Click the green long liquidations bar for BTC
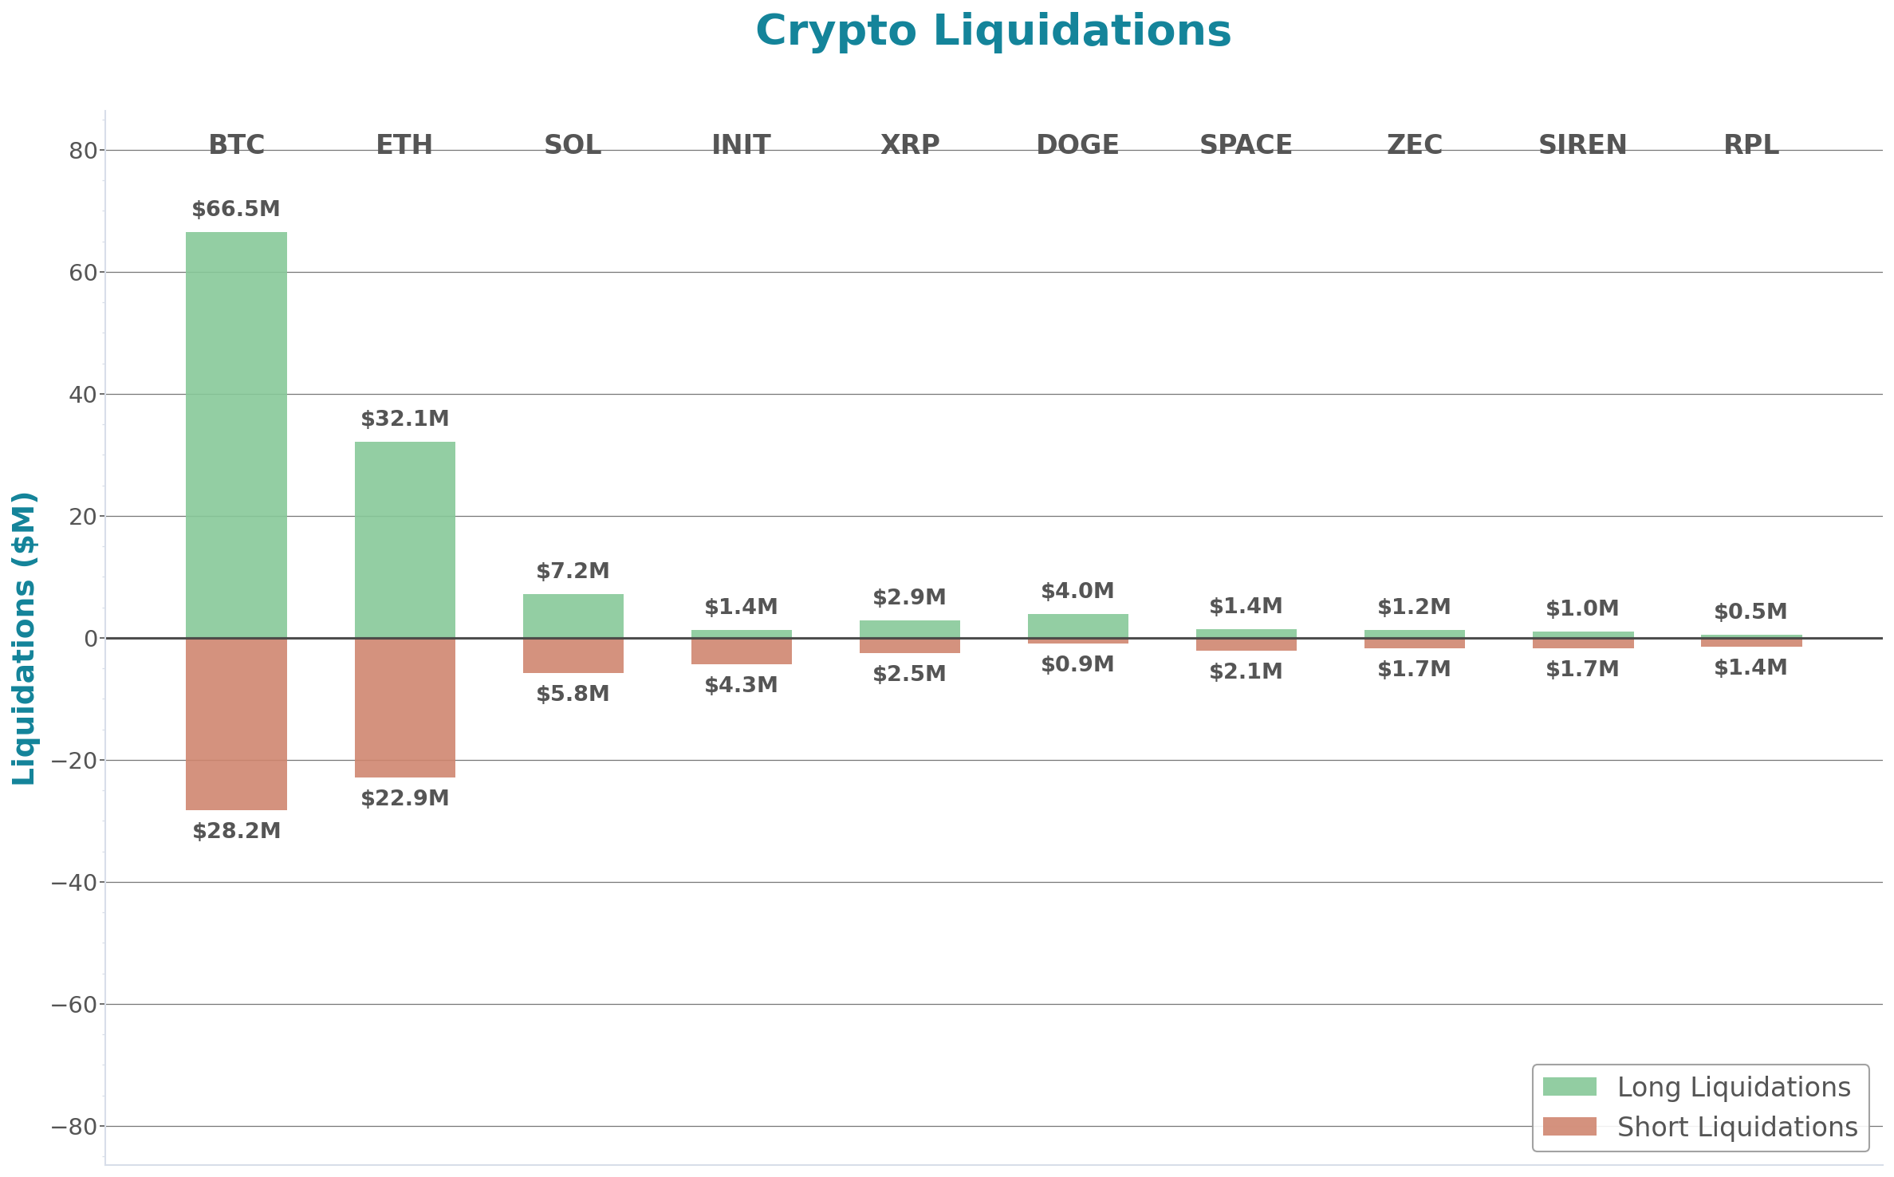(x=236, y=435)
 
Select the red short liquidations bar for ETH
(x=404, y=707)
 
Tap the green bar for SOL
(x=573, y=616)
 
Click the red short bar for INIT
(x=741, y=651)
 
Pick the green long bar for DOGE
(x=1077, y=625)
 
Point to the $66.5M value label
(x=236, y=209)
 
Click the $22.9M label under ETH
(x=404, y=798)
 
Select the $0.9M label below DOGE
(x=1077, y=664)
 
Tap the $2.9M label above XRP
(x=909, y=597)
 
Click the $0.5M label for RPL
(x=1750, y=612)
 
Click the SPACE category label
(x=1246, y=144)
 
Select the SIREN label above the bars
(x=1582, y=144)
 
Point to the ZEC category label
(x=1414, y=144)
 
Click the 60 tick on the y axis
(x=83, y=273)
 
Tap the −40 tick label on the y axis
(x=74, y=883)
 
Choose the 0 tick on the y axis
(x=91, y=639)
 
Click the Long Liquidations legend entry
(x=1733, y=1087)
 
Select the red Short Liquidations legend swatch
(x=1569, y=1127)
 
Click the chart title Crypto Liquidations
(x=993, y=31)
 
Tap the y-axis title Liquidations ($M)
(x=24, y=638)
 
